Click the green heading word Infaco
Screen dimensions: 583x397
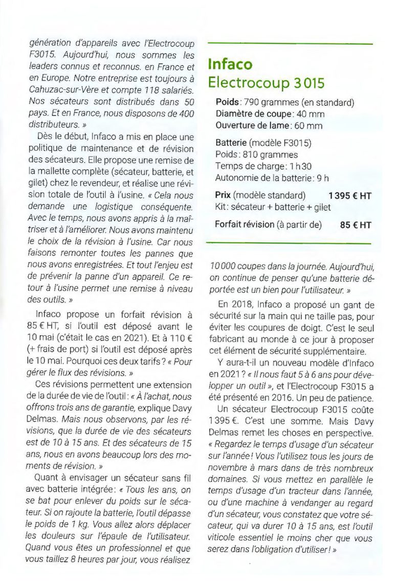(230, 65)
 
